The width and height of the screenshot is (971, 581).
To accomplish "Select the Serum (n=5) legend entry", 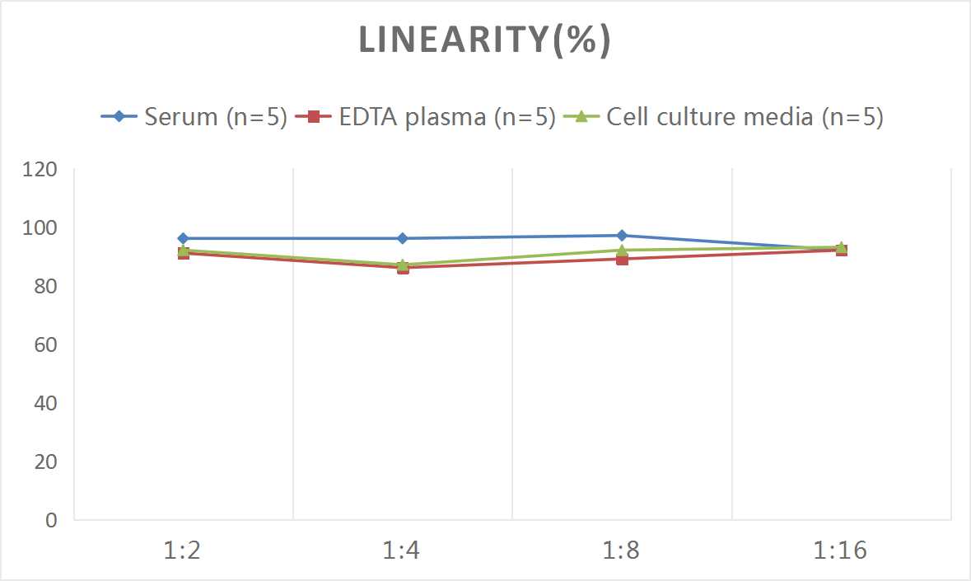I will tap(194, 117).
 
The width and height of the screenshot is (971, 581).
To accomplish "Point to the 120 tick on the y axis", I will tap(41, 170).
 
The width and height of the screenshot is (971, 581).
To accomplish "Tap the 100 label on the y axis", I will tap(41, 228).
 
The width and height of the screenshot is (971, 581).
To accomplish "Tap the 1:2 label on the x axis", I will tap(183, 551).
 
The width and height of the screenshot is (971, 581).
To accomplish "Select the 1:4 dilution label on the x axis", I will tap(403, 551).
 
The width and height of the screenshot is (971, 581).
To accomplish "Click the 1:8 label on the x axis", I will tap(622, 551).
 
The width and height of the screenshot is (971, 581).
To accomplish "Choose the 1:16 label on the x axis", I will tap(841, 551).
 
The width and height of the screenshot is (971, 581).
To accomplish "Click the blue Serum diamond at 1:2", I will tap(183, 238).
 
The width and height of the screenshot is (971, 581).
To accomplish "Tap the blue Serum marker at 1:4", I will tap(403, 238).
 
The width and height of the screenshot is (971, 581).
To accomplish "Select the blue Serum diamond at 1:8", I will tap(622, 236).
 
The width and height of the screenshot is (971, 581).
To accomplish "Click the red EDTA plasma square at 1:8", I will tap(622, 260).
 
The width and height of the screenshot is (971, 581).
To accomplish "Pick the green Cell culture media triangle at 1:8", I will tap(622, 249).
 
